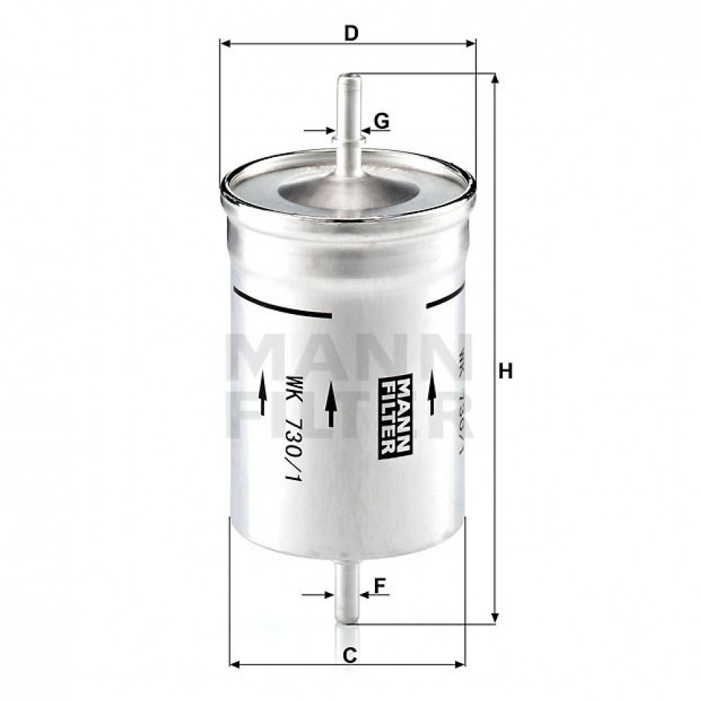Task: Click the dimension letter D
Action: tap(352, 33)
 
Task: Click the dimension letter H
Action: tap(505, 372)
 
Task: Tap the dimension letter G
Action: tap(381, 121)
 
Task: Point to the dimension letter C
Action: tap(350, 655)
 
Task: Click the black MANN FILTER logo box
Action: tap(394, 415)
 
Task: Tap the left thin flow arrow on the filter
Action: tap(262, 394)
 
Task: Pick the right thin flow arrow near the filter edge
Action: tap(432, 394)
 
